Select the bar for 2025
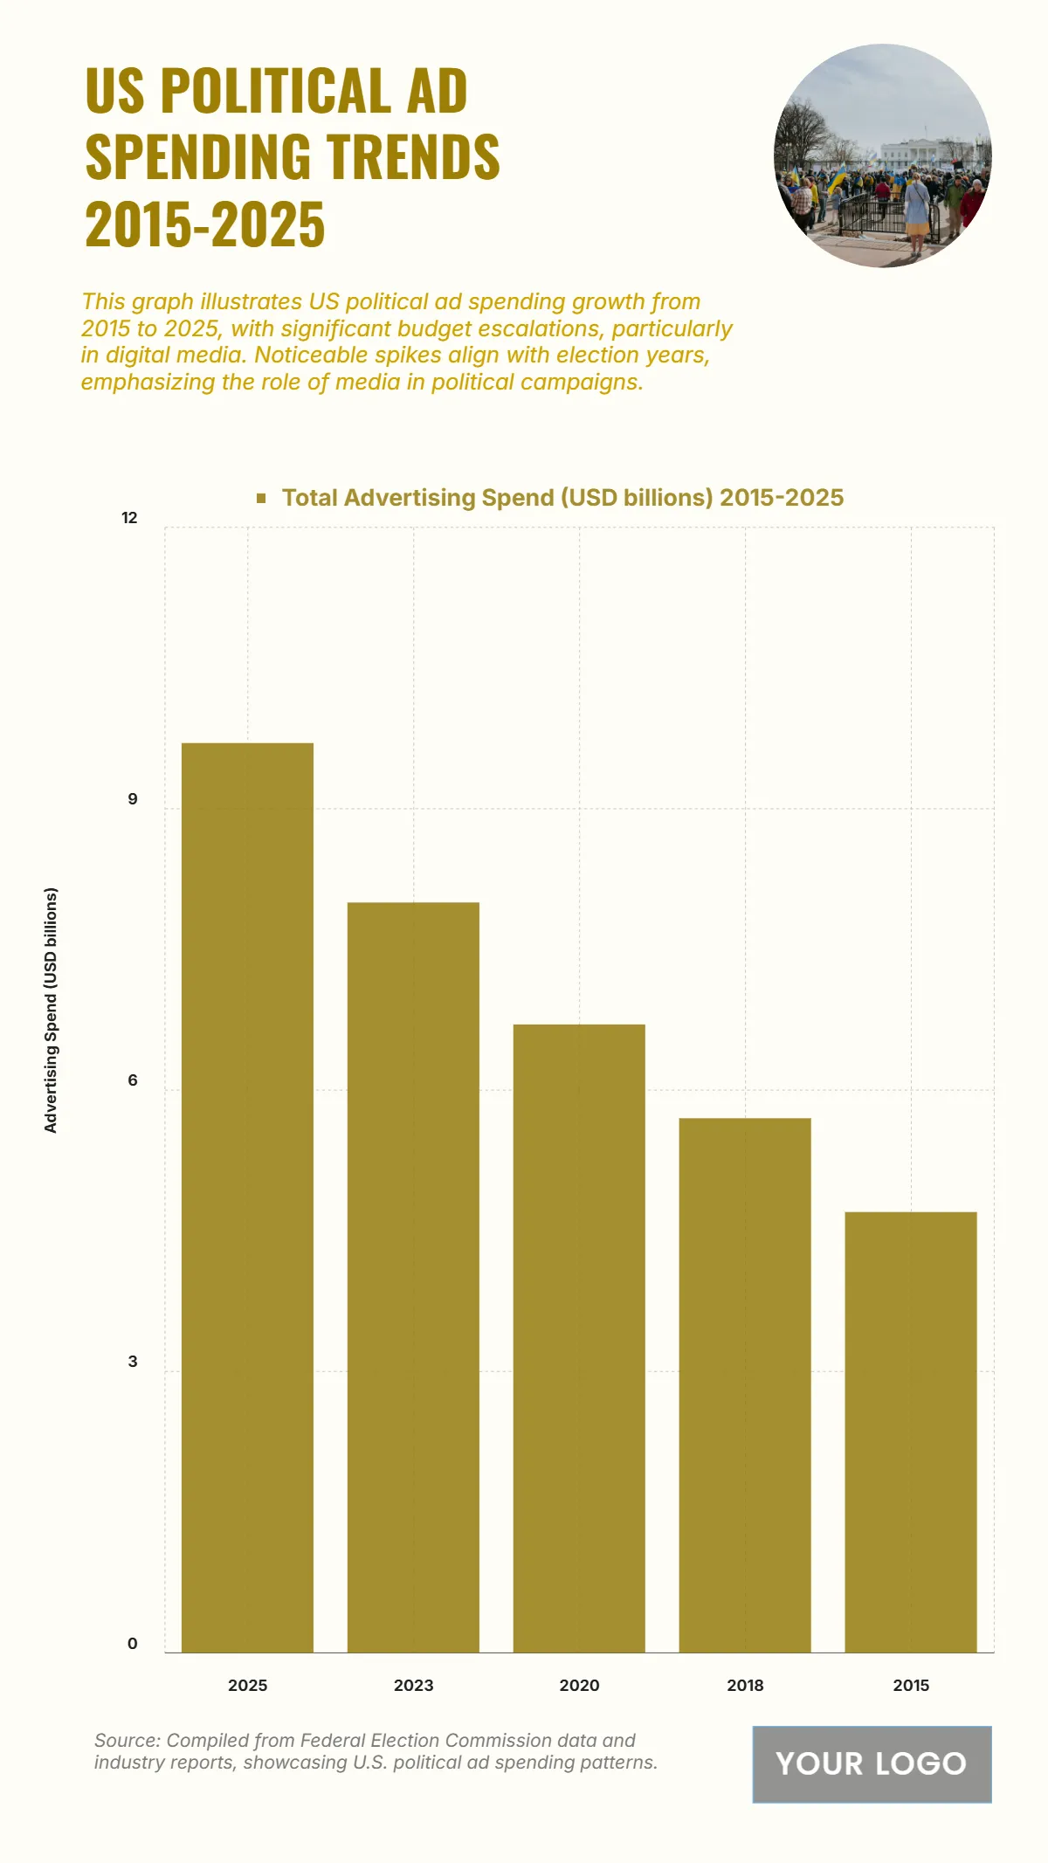click(247, 1197)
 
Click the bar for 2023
click(413, 1276)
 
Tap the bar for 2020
click(579, 1337)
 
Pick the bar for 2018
click(745, 1384)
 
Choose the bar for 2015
click(911, 1432)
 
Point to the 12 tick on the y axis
click(129, 518)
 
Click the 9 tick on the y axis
click(133, 799)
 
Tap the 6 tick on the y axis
click(133, 1080)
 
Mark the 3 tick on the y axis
click(133, 1362)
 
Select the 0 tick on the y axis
click(133, 1643)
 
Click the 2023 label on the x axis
click(413, 1685)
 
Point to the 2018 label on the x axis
click(745, 1685)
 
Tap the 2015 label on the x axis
click(911, 1685)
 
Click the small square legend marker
click(261, 498)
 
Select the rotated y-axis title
click(51, 1011)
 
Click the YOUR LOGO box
click(872, 1763)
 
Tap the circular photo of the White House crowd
click(882, 155)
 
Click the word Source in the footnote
click(126, 1740)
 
